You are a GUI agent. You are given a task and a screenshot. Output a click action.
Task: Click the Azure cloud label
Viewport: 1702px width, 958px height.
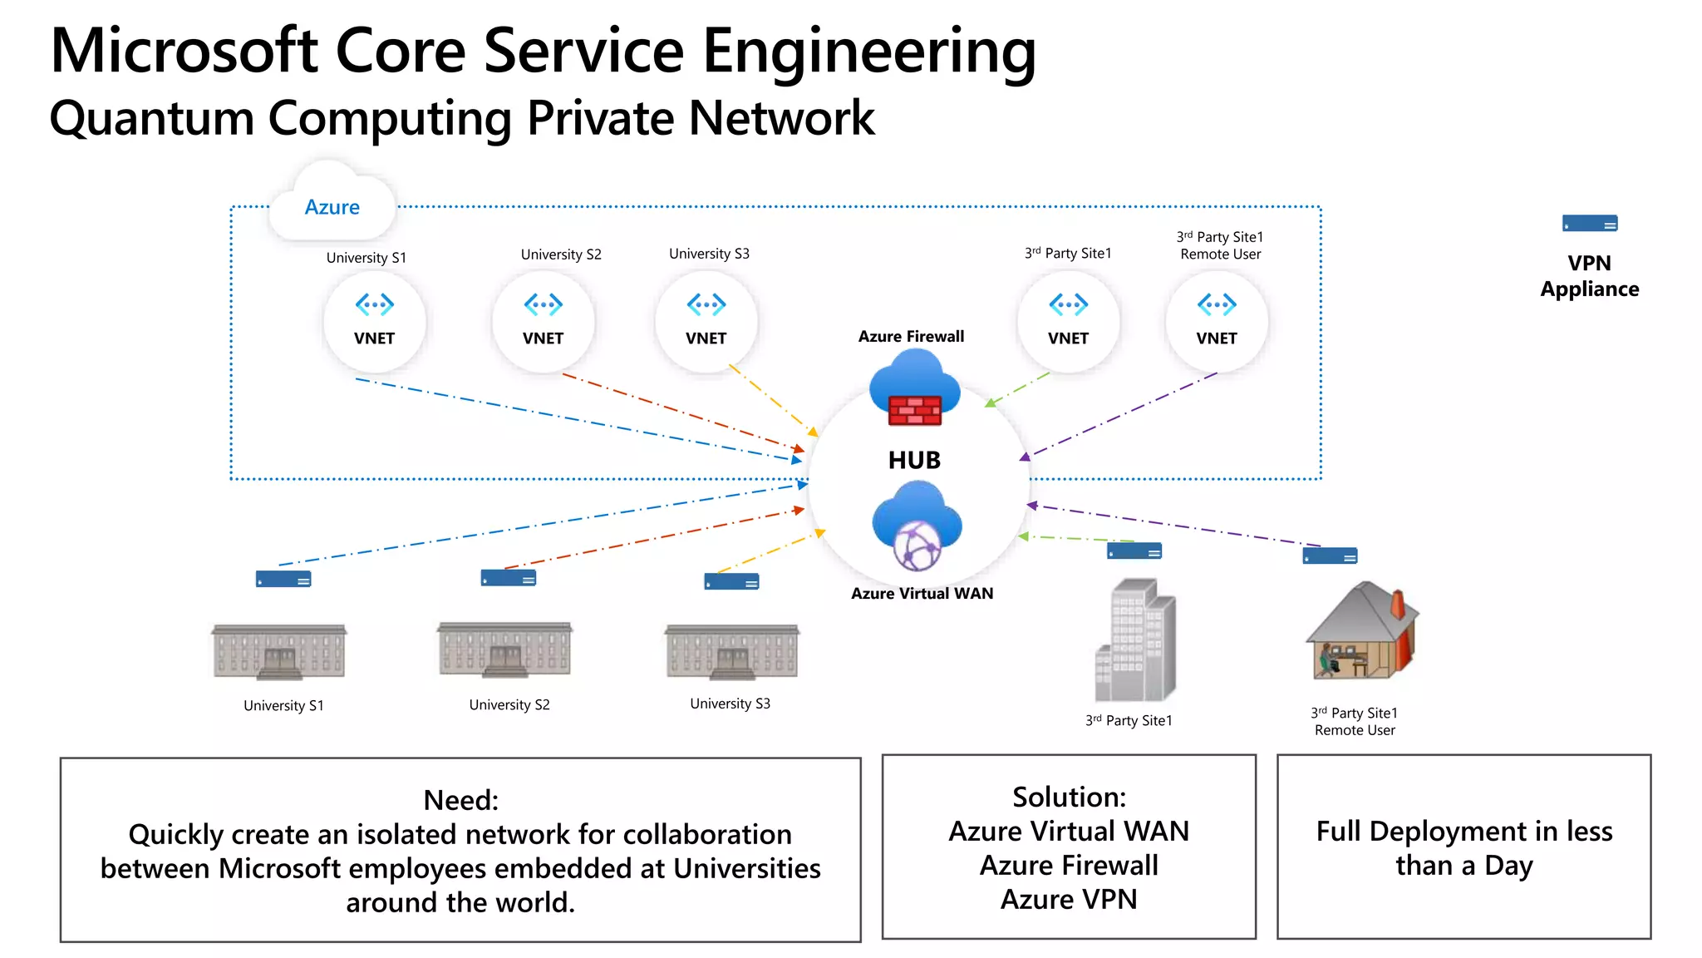coord(332,207)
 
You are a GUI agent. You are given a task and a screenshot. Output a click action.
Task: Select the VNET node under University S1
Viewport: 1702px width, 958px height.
coord(374,320)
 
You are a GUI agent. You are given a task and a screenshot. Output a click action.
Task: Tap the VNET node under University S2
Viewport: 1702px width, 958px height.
coord(543,320)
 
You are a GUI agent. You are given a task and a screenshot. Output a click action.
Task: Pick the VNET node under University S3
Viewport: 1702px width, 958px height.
coord(706,320)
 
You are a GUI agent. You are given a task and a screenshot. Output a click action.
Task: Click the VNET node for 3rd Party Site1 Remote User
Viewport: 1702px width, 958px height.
coord(1216,320)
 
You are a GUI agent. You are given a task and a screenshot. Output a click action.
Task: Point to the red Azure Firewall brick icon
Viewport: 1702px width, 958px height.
coord(914,410)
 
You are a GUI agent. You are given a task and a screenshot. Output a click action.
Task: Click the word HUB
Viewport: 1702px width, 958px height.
coord(914,460)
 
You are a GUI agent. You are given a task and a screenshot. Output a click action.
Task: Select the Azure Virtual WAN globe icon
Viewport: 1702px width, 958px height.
coord(917,546)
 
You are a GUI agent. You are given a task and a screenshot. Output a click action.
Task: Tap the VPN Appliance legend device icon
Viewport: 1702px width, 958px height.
coord(1589,224)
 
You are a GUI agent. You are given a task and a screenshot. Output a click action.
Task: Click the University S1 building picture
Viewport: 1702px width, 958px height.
coord(279,652)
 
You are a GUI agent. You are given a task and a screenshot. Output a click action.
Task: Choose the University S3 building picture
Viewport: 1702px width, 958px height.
coord(731,652)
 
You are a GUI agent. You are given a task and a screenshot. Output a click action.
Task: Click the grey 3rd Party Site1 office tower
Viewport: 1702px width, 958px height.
coord(1134,640)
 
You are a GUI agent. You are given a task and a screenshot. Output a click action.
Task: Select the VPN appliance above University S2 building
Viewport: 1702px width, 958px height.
coord(508,578)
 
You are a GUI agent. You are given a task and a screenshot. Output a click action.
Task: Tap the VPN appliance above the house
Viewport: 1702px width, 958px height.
coord(1329,556)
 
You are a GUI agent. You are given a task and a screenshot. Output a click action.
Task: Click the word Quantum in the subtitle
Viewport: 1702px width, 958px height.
coord(151,118)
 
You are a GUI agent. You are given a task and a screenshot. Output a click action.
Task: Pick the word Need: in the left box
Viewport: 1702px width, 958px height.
coord(460,800)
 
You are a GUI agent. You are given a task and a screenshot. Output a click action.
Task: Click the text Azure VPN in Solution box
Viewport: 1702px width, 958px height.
coord(1068,900)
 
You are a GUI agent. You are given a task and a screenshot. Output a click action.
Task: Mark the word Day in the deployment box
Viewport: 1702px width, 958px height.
coord(1508,866)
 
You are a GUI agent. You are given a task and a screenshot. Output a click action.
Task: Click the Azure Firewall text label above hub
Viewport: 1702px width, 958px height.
coord(911,336)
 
